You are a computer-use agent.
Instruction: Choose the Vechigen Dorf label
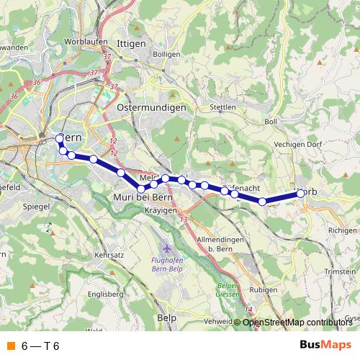(x=297, y=144)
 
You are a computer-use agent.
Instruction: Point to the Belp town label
(x=167, y=317)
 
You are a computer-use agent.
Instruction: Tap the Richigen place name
(x=341, y=230)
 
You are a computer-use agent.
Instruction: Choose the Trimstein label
(x=341, y=271)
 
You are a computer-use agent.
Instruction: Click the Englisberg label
(x=102, y=294)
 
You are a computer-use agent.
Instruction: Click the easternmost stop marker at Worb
(x=300, y=193)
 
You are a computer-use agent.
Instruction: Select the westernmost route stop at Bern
(x=60, y=138)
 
